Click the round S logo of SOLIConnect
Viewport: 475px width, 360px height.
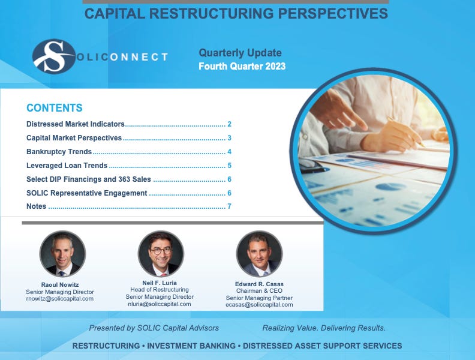pos(54,56)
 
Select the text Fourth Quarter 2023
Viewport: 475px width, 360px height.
pos(242,67)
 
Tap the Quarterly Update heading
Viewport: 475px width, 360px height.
pos(240,53)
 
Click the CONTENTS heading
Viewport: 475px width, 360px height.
pos(55,108)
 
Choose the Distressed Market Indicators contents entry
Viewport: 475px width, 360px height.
pos(76,124)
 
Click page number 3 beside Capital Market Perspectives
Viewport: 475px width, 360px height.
pos(229,138)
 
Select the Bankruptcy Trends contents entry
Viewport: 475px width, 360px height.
pos(59,152)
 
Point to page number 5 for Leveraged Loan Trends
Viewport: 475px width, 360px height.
pos(229,166)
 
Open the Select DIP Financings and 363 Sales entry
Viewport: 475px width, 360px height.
pos(89,179)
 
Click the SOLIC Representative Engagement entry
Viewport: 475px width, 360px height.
pos(87,193)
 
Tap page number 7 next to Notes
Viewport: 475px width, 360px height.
pos(229,207)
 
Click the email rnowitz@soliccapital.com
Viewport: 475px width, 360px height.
pos(60,299)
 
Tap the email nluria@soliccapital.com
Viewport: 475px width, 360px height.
pos(160,304)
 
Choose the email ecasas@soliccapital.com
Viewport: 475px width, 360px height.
pos(259,305)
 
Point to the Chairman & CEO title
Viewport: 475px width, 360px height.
pos(259,291)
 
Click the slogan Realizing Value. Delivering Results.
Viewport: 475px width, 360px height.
pos(324,328)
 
